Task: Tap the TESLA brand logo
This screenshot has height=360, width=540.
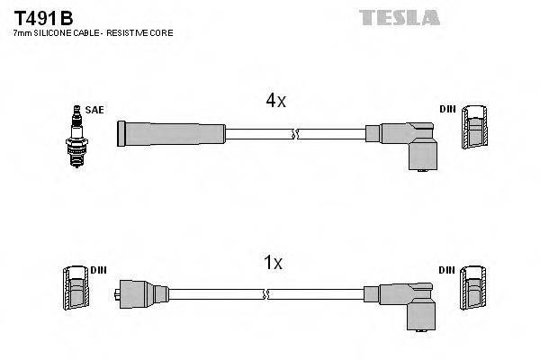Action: pos(399,17)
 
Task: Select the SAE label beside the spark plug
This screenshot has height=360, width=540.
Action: pos(95,110)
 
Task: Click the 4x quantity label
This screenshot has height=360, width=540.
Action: pos(274,102)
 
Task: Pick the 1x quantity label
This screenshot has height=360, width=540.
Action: pos(273,264)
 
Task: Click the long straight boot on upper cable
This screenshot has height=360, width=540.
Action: pos(171,134)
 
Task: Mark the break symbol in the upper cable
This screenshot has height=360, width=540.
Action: pos(293,135)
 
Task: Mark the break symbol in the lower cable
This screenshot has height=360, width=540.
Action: pos(266,293)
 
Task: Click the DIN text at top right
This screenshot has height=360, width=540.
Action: pos(447,110)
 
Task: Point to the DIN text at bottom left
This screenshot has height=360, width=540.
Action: pos(98,269)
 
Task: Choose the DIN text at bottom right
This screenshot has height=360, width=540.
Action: pos(447,269)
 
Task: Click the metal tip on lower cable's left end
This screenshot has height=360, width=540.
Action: pos(120,293)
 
